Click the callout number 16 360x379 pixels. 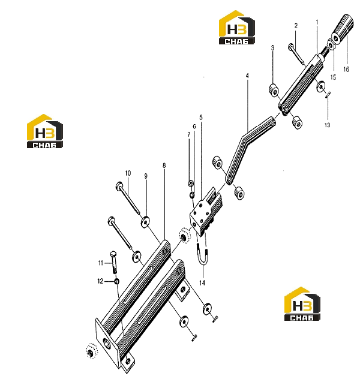click(346, 70)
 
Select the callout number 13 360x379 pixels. click(327, 125)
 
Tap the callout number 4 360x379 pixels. click(247, 76)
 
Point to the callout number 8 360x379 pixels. click(164, 166)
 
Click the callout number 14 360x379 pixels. click(202, 282)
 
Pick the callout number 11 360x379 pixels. click(101, 263)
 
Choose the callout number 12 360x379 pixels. click(100, 281)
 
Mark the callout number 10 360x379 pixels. click(128, 173)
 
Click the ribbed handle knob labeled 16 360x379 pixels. click(343, 29)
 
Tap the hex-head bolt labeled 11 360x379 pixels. click(113, 262)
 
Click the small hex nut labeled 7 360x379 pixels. click(191, 183)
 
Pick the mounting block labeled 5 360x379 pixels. click(206, 212)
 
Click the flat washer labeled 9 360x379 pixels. click(145, 222)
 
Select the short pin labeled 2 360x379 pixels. click(295, 53)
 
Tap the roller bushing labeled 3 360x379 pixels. click(274, 90)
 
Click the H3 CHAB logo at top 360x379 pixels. click(236, 28)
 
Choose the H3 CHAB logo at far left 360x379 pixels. click(45, 131)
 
